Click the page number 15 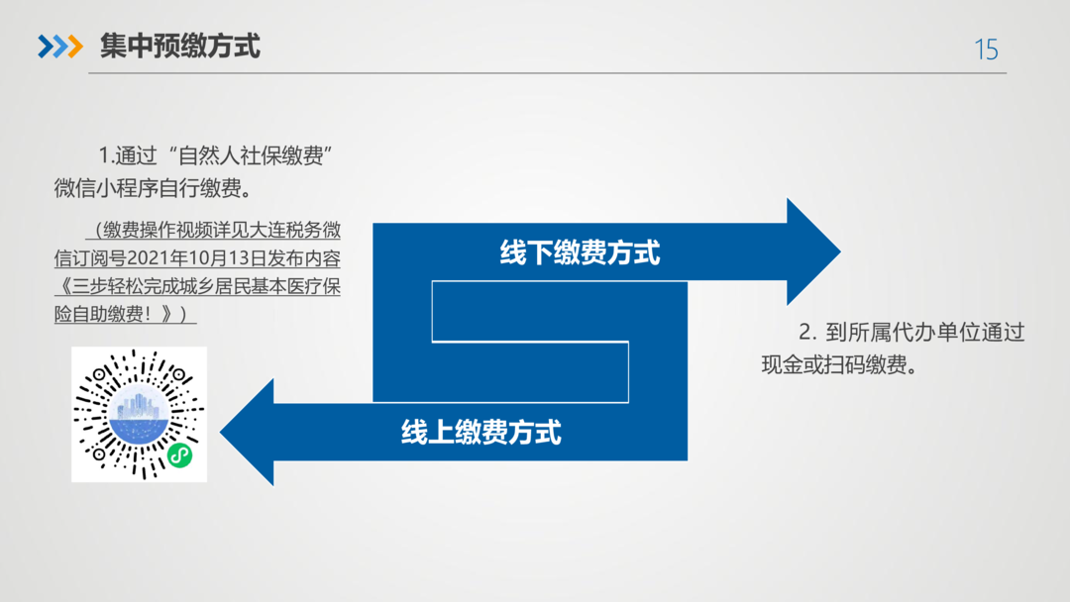click(986, 50)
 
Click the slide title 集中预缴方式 click(180, 47)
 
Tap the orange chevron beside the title click(75, 47)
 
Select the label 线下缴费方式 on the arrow click(580, 252)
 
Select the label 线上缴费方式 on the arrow click(481, 433)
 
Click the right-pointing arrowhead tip click(840, 251)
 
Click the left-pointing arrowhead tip click(221, 432)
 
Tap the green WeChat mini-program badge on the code click(180, 454)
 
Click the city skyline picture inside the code click(140, 415)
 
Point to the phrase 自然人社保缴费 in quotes click(251, 156)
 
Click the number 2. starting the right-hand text click(807, 332)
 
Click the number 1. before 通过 click(106, 156)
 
